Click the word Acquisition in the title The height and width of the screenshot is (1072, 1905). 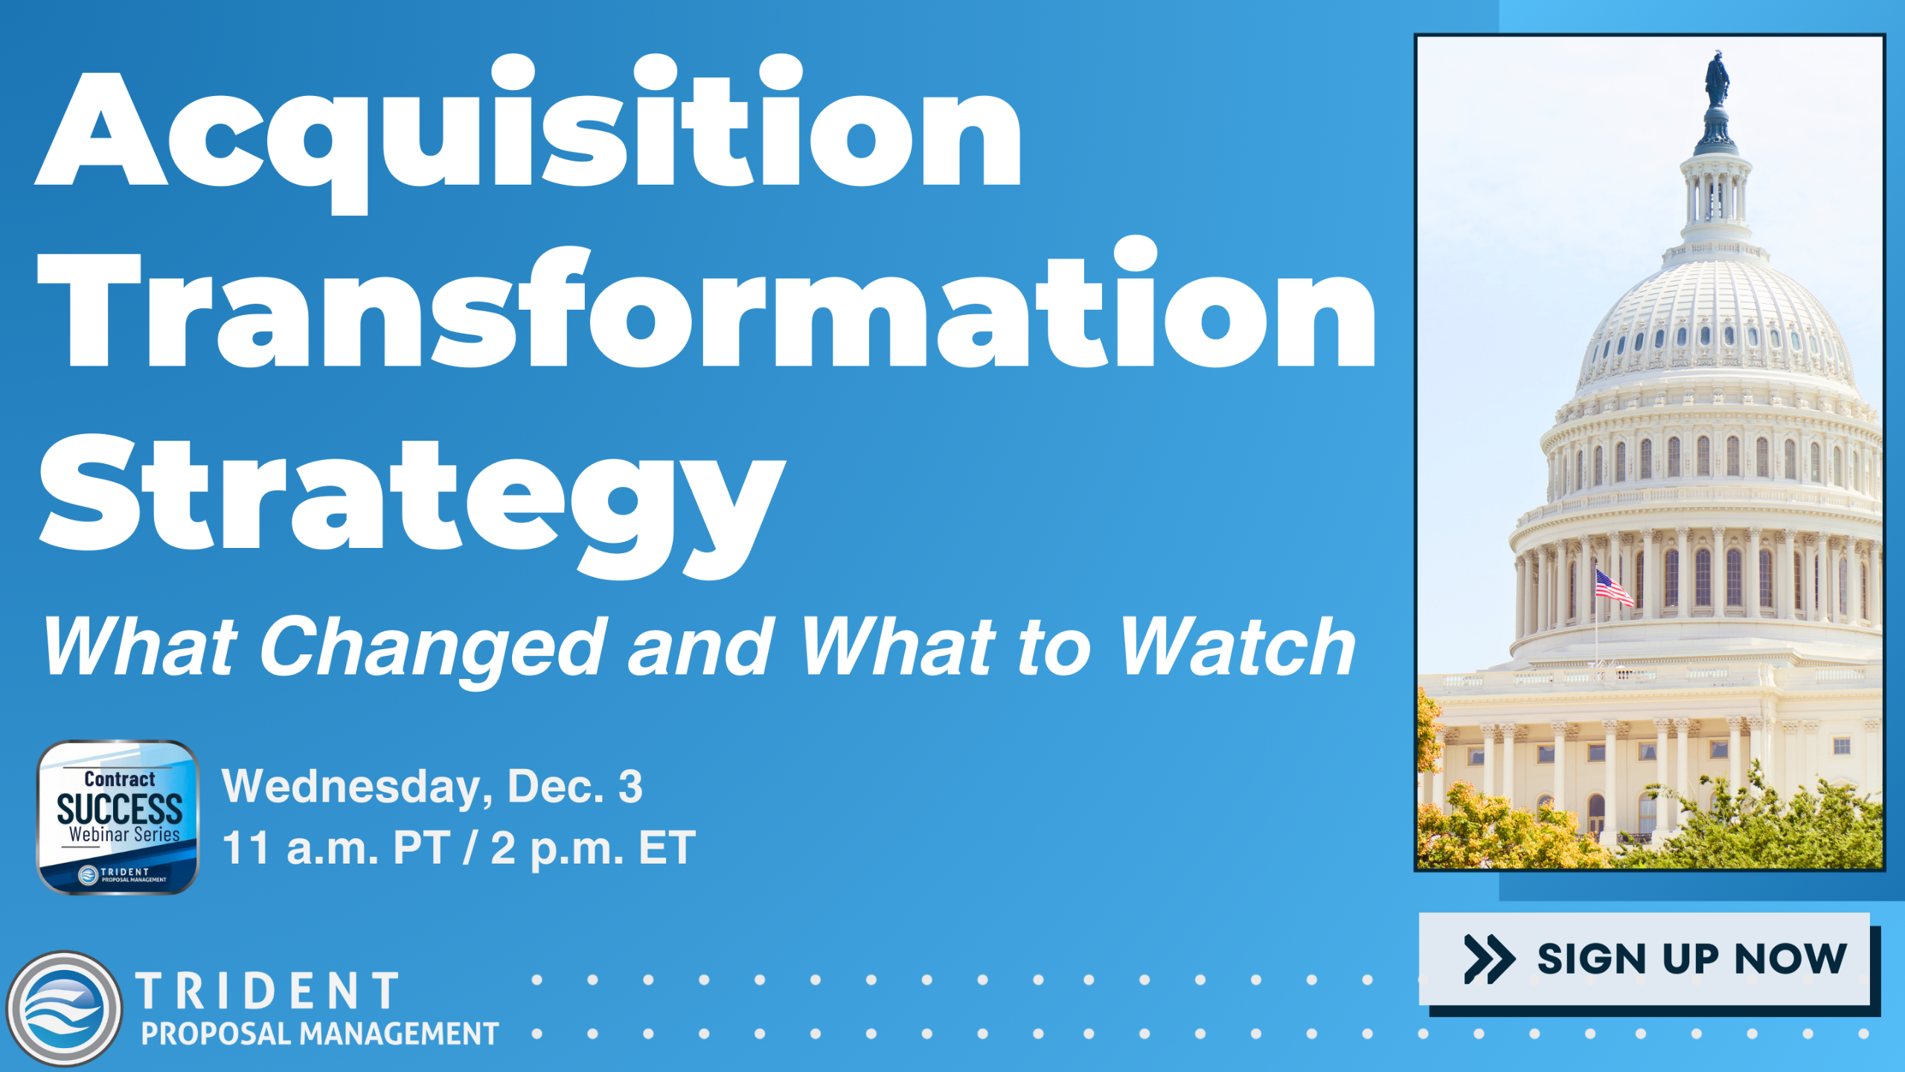point(528,134)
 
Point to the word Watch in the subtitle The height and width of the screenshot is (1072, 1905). point(1237,646)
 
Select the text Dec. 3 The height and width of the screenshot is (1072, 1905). point(574,786)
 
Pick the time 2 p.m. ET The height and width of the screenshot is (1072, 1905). point(593,848)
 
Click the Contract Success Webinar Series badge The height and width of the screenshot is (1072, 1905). point(118,817)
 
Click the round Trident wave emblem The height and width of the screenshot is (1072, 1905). point(64,1009)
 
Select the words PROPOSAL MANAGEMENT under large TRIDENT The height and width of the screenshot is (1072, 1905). point(320,1034)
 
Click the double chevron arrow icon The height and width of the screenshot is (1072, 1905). point(1489,959)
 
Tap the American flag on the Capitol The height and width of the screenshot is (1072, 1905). point(1613,587)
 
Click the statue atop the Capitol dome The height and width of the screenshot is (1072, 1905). point(1717,79)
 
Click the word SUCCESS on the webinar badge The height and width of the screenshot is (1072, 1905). point(120,809)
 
